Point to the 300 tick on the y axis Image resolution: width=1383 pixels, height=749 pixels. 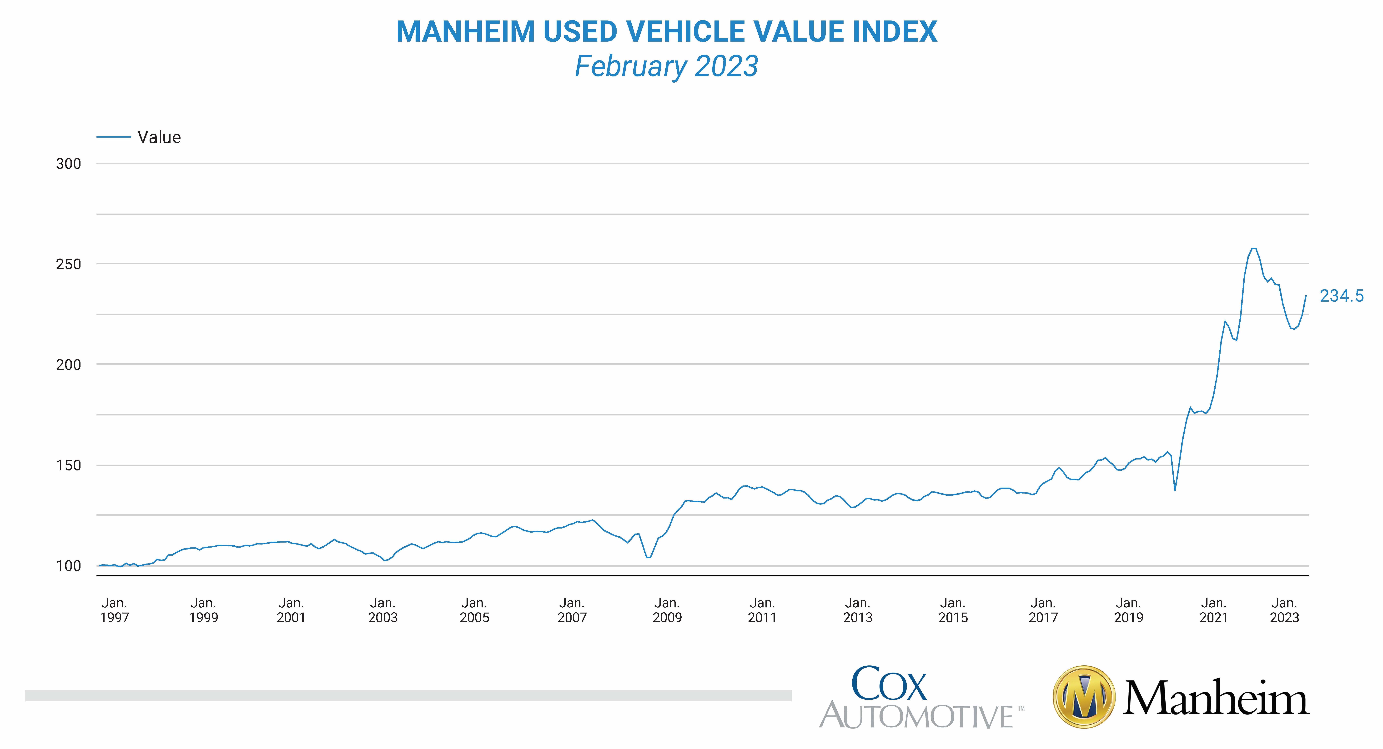[x=68, y=164]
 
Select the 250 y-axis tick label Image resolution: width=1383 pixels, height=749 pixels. [x=68, y=264]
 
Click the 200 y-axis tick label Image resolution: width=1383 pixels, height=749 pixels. [x=68, y=365]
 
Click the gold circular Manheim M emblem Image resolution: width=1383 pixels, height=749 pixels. [x=1084, y=697]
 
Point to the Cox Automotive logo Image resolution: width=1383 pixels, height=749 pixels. [x=921, y=697]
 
